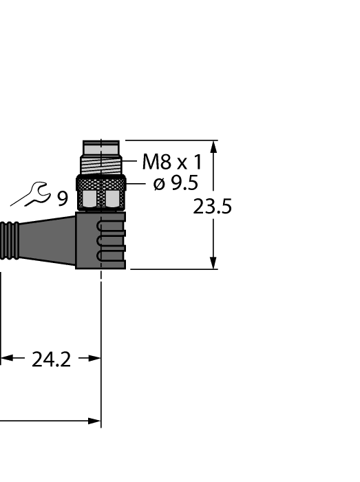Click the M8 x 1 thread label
pyautogui.click(x=172, y=163)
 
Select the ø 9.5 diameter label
pyautogui.click(x=176, y=184)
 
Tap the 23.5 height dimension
pyautogui.click(x=212, y=207)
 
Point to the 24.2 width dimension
pyautogui.click(x=51, y=359)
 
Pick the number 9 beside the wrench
pyautogui.click(x=63, y=199)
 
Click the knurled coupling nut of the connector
pyautogui.click(x=101, y=183)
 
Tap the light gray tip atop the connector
pyautogui.click(x=101, y=148)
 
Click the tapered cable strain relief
pyautogui.click(x=48, y=240)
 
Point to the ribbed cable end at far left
pyautogui.click(x=10, y=240)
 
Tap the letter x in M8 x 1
pyautogui.click(x=182, y=164)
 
